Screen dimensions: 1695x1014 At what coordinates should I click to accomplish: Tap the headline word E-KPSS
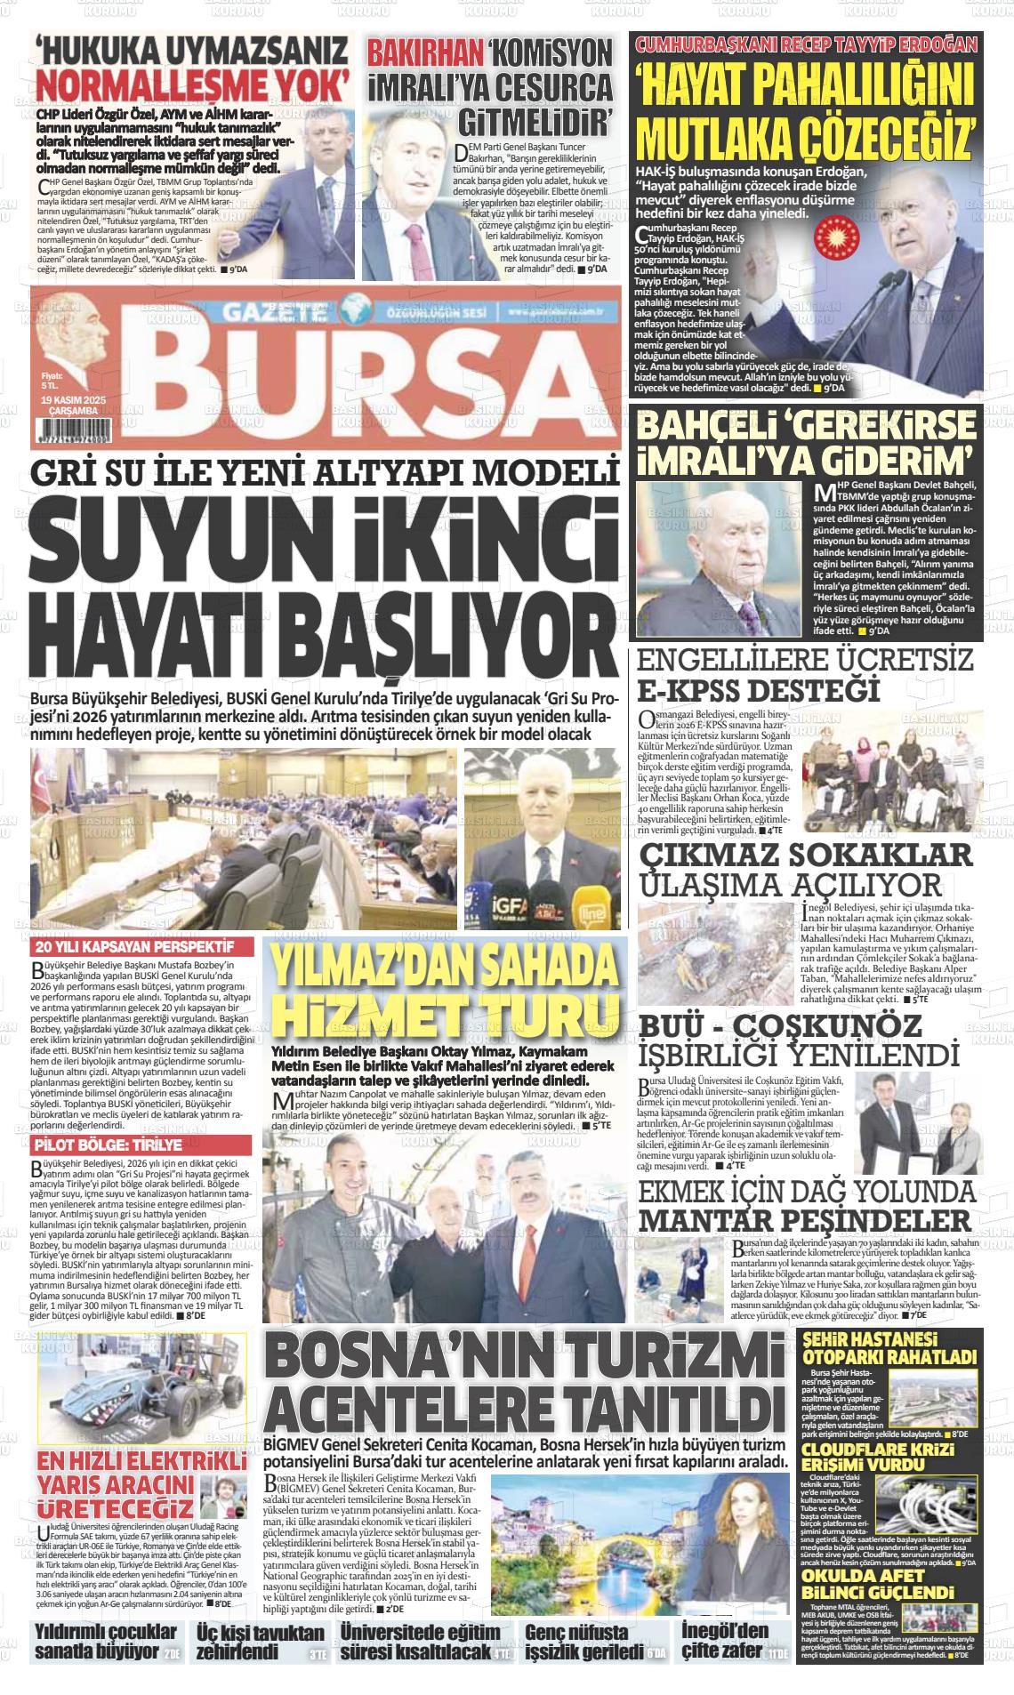pos(702,691)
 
